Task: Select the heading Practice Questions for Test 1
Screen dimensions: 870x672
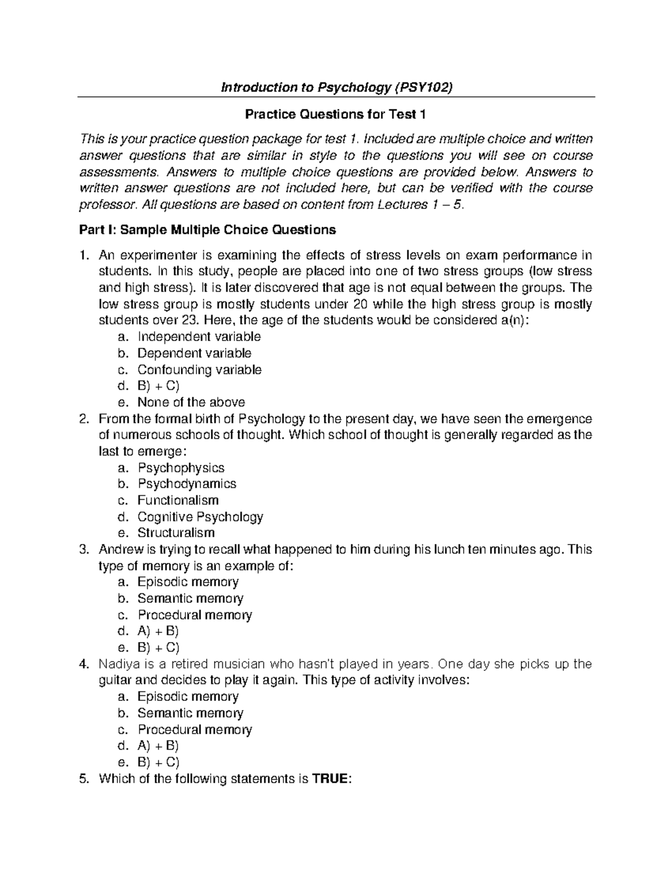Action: click(x=335, y=115)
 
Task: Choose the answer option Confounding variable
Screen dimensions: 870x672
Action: click(x=199, y=370)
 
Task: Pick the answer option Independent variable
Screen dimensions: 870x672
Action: click(x=199, y=337)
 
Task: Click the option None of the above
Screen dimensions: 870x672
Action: click(x=191, y=402)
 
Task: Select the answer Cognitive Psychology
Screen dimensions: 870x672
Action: click(x=200, y=517)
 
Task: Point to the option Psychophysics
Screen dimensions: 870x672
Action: click(x=181, y=468)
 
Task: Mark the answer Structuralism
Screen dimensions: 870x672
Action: click(x=176, y=533)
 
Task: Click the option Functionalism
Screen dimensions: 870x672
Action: click(x=178, y=500)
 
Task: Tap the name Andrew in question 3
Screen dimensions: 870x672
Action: click(x=119, y=550)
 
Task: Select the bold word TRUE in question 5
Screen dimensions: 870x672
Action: click(x=330, y=779)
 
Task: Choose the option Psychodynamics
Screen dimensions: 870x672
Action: click(x=187, y=484)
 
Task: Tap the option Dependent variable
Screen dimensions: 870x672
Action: click(x=194, y=353)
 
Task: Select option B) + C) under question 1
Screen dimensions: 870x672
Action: click(x=158, y=386)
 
